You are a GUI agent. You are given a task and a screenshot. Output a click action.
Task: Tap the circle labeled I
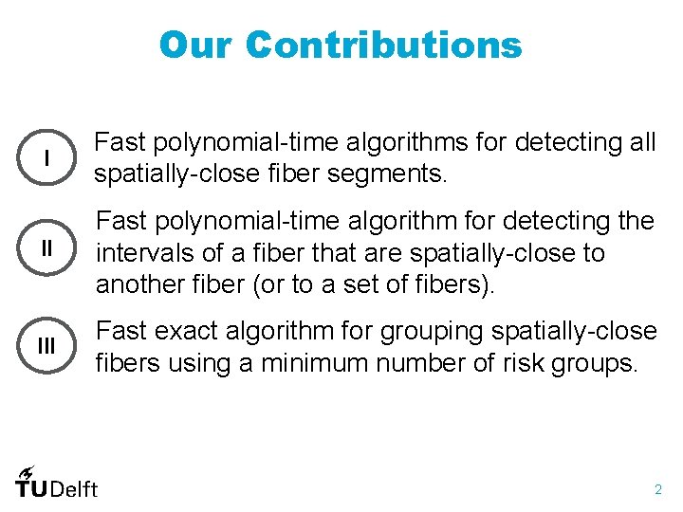pyautogui.click(x=46, y=158)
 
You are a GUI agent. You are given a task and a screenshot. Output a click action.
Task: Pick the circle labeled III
pyautogui.click(x=46, y=347)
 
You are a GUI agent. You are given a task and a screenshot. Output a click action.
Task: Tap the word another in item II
pyautogui.click(x=138, y=285)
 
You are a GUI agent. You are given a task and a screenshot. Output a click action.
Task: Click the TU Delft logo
pyautogui.click(x=56, y=483)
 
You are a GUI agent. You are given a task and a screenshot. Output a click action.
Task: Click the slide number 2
pyautogui.click(x=657, y=489)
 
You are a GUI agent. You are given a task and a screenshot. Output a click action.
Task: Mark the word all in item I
pyautogui.click(x=642, y=143)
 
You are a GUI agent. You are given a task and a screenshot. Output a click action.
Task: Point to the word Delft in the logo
pyautogui.click(x=74, y=489)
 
